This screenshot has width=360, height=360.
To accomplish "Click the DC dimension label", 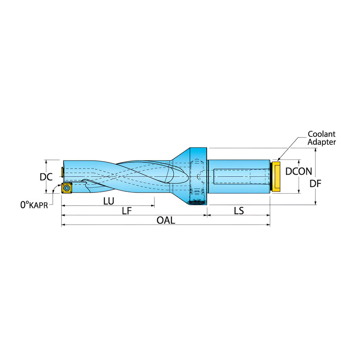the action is pyautogui.click(x=46, y=177).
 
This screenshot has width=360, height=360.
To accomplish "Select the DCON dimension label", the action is pyautogui.click(x=298, y=171).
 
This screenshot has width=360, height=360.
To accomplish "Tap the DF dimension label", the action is pyautogui.click(x=315, y=184).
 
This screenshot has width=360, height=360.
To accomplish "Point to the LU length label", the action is pyautogui.click(x=109, y=201).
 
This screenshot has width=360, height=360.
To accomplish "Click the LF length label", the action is pyautogui.click(x=127, y=211).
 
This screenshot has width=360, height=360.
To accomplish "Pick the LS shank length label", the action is pyautogui.click(x=239, y=211).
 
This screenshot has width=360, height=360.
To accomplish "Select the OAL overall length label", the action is pyautogui.click(x=166, y=220).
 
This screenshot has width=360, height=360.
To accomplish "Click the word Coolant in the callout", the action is pyautogui.click(x=321, y=134).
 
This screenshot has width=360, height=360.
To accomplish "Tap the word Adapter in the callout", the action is pyautogui.click(x=321, y=142).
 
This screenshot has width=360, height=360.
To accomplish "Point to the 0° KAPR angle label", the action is pyautogui.click(x=34, y=205).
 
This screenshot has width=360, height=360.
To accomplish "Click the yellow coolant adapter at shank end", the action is pyautogui.click(x=276, y=176).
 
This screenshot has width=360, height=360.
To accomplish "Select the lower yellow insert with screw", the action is pyautogui.click(x=67, y=188).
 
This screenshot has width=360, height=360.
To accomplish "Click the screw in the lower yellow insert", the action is pyautogui.click(x=67, y=189).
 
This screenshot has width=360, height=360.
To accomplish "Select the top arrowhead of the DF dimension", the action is pyautogui.click(x=315, y=150).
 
